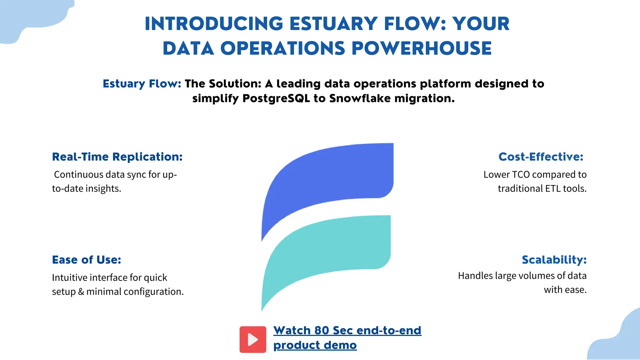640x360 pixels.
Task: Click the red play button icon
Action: pyautogui.click(x=253, y=339)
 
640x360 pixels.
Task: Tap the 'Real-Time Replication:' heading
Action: pyautogui.click(x=117, y=157)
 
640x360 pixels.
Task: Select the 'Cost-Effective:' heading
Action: pyautogui.click(x=541, y=157)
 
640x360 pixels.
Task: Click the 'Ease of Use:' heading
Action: pyautogui.click(x=87, y=260)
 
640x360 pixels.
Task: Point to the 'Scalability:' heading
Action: pyautogui.click(x=554, y=260)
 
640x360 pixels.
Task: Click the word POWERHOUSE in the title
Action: pyautogui.click(x=422, y=48)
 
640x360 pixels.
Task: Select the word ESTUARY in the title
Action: pyautogui.click(x=333, y=24)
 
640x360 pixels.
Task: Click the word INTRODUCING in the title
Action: pyautogui.click(x=214, y=24)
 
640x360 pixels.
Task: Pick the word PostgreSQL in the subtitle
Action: pyautogui.click(x=276, y=98)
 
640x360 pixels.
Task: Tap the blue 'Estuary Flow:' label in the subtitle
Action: pyautogui.click(x=142, y=84)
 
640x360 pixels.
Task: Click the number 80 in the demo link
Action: pyautogui.click(x=322, y=331)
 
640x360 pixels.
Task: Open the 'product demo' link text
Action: pyautogui.click(x=315, y=345)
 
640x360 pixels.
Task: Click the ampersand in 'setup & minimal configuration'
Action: pyautogui.click(x=81, y=292)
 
